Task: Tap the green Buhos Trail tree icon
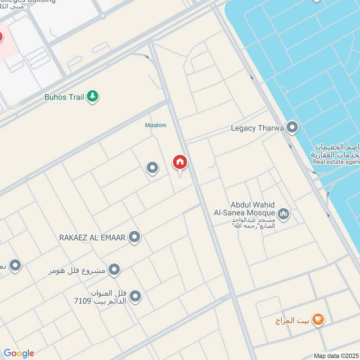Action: (93, 96)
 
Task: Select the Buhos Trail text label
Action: (65, 97)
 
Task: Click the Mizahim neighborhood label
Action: (155, 126)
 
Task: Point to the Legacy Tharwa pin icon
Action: (292, 128)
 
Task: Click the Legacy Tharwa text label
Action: (257, 128)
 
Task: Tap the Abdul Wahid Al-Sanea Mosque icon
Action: (283, 213)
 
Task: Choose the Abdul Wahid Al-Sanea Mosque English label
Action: (252, 208)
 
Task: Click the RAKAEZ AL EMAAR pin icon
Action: (135, 237)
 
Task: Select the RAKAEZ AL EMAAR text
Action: (93, 237)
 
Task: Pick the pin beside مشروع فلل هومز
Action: (115, 270)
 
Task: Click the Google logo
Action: (18, 353)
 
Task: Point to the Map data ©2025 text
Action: (336, 355)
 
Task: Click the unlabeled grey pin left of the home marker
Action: (153, 168)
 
